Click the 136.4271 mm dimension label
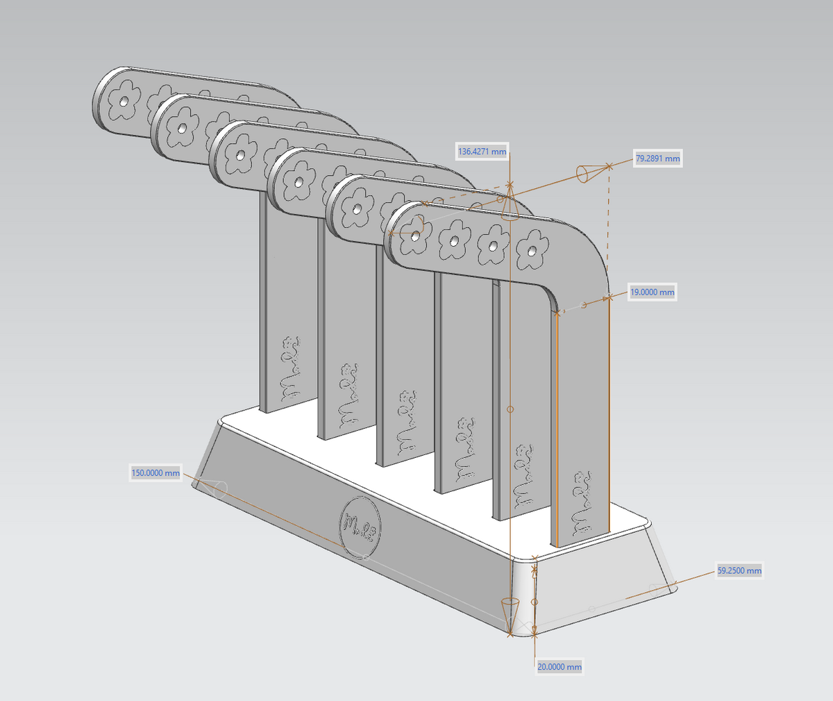tap(482, 151)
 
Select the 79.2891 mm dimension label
tap(657, 158)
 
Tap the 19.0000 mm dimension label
tap(652, 292)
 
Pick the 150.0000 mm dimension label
tap(155, 473)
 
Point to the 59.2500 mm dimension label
tap(739, 571)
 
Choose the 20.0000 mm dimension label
tap(559, 667)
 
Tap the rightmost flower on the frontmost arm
tap(532, 248)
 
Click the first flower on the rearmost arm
tap(124, 102)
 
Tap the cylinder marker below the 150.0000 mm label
tap(217, 488)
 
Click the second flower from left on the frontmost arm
tap(453, 239)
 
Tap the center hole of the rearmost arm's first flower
tap(124, 102)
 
